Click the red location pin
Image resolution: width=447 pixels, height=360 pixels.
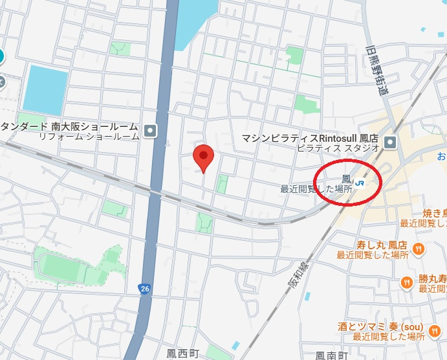(204, 156)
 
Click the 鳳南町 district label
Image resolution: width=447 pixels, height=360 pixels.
(332, 355)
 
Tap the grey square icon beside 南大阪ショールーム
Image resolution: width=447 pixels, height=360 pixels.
(151, 131)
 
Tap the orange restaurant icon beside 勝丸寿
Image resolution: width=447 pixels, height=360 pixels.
(406, 281)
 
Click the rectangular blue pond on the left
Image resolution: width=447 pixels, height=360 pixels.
(45, 90)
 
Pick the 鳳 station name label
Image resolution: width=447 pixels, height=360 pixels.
(347, 179)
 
